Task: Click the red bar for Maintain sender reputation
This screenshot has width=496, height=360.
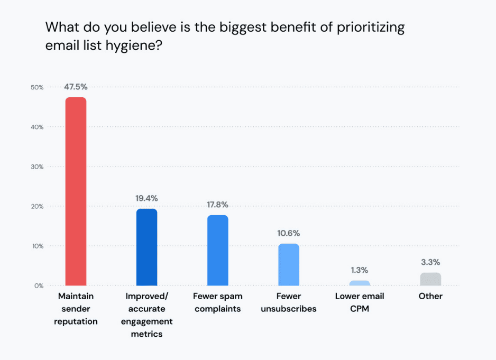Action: point(76,191)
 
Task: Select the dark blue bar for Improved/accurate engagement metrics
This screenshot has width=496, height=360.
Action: point(146,247)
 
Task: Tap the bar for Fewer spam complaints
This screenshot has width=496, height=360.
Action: point(217,250)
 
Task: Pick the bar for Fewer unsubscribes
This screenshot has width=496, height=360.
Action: point(288,264)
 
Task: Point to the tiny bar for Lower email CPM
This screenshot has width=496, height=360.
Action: point(360,283)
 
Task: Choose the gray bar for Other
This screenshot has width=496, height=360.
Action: point(430,279)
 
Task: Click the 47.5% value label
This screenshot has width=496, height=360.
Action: point(76,87)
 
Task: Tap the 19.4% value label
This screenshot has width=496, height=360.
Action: point(146,198)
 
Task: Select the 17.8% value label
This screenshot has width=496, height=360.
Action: point(217,205)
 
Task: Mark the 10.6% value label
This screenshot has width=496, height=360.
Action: point(288,233)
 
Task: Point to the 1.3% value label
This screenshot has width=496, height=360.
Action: point(360,270)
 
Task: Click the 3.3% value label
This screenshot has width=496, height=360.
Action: point(430,262)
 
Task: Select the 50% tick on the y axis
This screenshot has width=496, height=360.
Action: point(37,87)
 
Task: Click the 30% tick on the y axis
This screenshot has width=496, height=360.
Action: point(37,167)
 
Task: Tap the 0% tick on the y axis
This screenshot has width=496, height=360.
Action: point(39,285)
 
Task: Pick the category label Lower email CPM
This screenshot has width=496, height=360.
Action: point(360,302)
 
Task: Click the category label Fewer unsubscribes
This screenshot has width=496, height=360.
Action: point(288,302)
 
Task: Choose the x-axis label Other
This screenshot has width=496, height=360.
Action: point(430,296)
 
